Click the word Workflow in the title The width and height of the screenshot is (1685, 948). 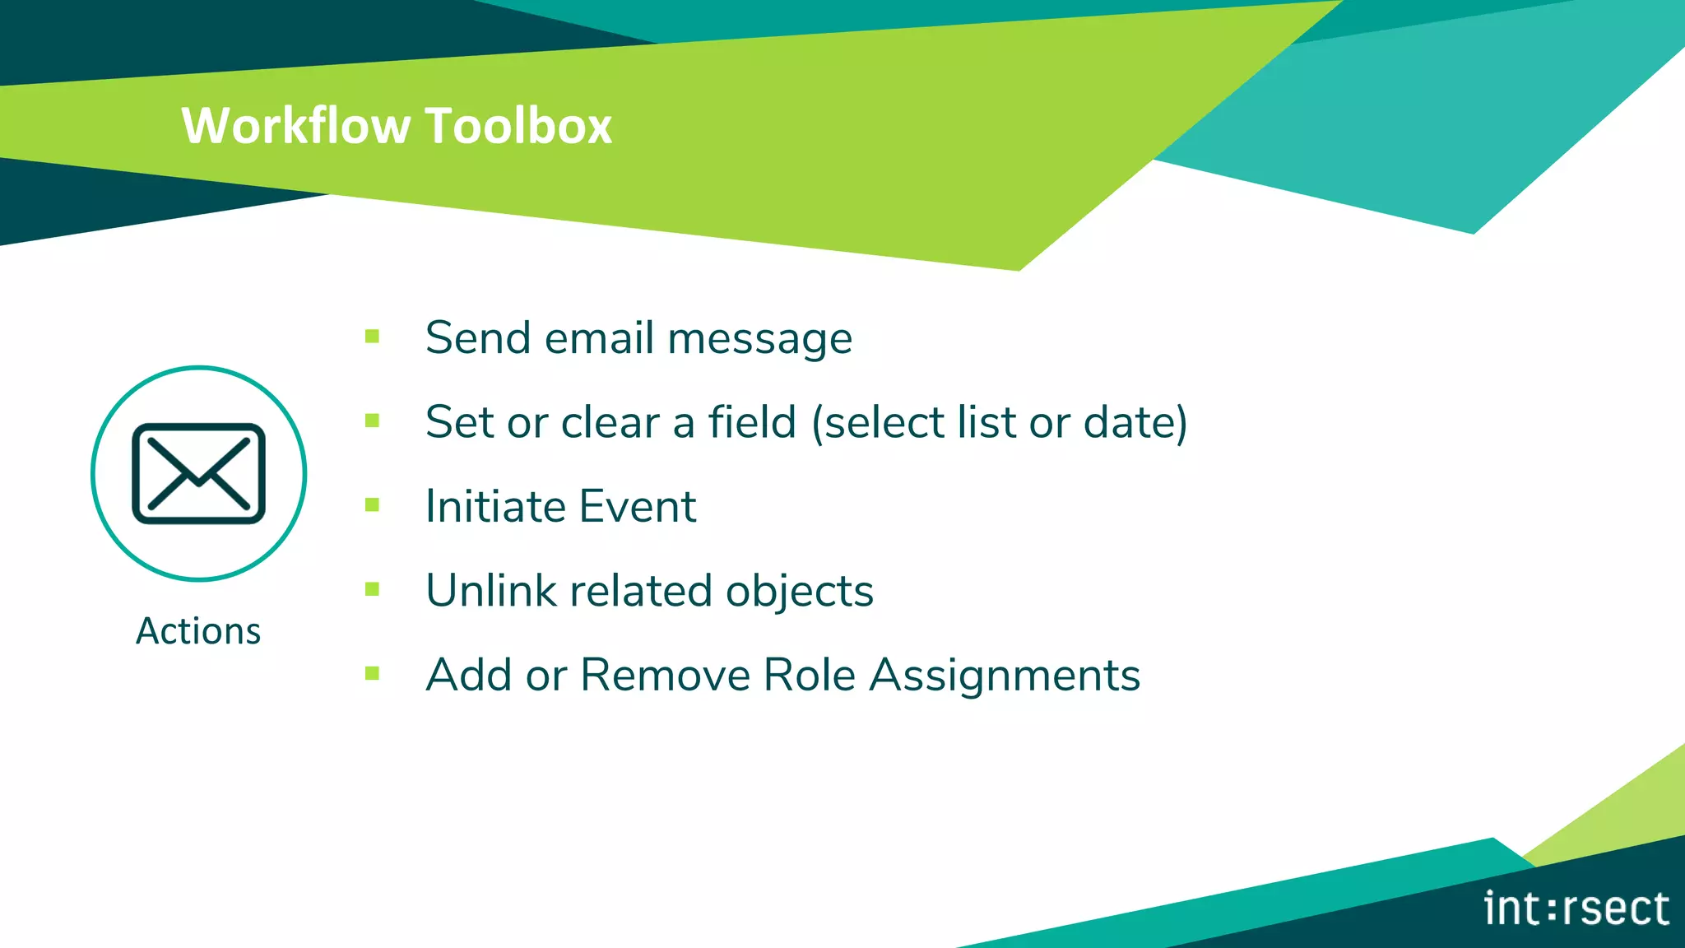pyautogui.click(x=295, y=126)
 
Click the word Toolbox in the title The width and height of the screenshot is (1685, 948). pyautogui.click(x=519, y=126)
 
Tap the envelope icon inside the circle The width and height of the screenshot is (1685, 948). pyautogui.click(x=198, y=473)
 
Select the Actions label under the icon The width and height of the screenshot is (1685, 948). pyautogui.click(x=198, y=631)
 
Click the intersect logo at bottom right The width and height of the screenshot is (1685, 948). pyautogui.click(x=1576, y=908)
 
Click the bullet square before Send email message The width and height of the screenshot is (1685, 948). pyautogui.click(x=372, y=336)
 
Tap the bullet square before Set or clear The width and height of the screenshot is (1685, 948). pyautogui.click(x=372, y=421)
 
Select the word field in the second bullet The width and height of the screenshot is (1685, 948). pyautogui.click(x=752, y=421)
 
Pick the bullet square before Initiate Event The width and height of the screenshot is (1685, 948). pyautogui.click(x=372, y=504)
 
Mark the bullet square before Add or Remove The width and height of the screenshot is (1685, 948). pyautogui.click(x=372, y=673)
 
